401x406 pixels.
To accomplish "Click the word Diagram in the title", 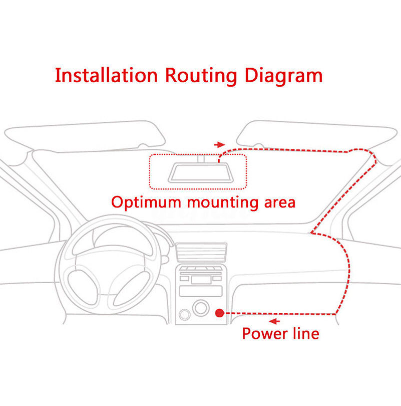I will point(283,76).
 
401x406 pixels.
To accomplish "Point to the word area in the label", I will point(279,204).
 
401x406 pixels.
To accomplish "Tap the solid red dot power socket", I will point(219,313).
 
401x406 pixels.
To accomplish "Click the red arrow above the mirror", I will point(219,144).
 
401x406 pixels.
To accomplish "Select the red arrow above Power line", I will point(274,321).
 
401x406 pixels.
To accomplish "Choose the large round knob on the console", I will point(201,308).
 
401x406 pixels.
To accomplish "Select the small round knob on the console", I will point(184,315).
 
